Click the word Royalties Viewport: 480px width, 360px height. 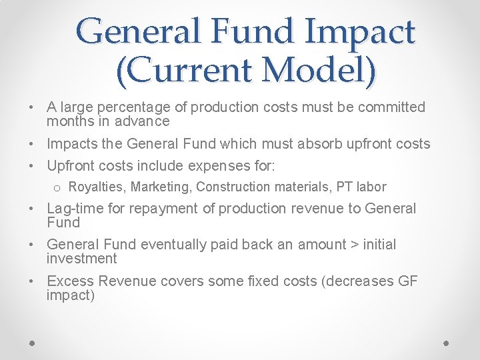(x=97, y=187)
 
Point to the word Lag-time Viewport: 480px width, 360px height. (x=75, y=209)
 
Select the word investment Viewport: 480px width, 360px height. (x=81, y=259)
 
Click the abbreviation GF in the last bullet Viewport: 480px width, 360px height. (x=407, y=281)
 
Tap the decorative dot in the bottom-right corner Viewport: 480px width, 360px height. (x=447, y=342)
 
